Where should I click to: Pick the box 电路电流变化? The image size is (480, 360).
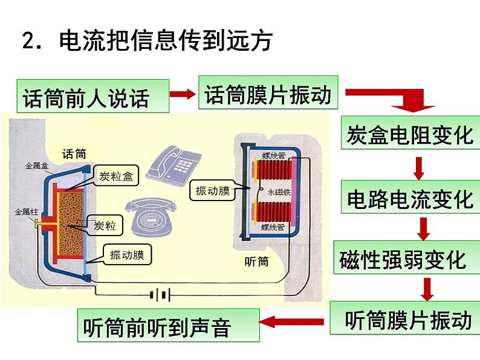pos(409,197)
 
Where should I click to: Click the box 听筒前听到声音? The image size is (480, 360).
pos(169,326)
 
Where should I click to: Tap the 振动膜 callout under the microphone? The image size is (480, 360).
pos(126,255)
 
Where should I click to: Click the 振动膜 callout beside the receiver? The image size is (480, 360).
pos(212,190)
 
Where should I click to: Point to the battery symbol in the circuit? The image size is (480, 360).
pos(160,295)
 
